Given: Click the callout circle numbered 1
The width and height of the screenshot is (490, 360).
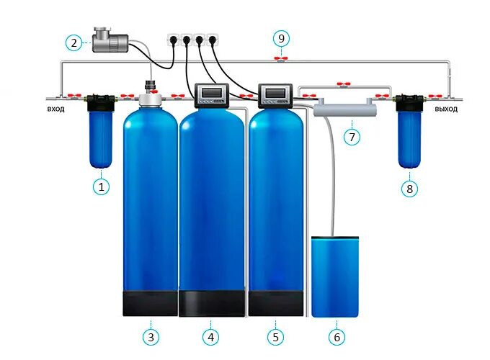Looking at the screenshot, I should pyautogui.click(x=102, y=186).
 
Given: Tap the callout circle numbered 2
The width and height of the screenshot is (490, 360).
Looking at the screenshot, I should pyautogui.click(x=75, y=42).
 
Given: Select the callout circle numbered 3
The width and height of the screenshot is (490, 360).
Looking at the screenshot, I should pyautogui.click(x=151, y=336).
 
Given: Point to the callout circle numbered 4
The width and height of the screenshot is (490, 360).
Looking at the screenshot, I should pyautogui.click(x=211, y=336).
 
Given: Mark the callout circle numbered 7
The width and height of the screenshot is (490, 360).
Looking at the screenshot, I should pyautogui.click(x=351, y=136).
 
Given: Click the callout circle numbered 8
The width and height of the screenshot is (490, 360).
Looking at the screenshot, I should pyautogui.click(x=409, y=188).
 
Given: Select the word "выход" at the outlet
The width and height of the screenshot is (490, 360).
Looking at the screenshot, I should pyautogui.click(x=447, y=109).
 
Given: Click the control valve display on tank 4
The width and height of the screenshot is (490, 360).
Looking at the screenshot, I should pyautogui.click(x=213, y=94).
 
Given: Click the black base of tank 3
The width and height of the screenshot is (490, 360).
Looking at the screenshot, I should pyautogui.click(x=150, y=302).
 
